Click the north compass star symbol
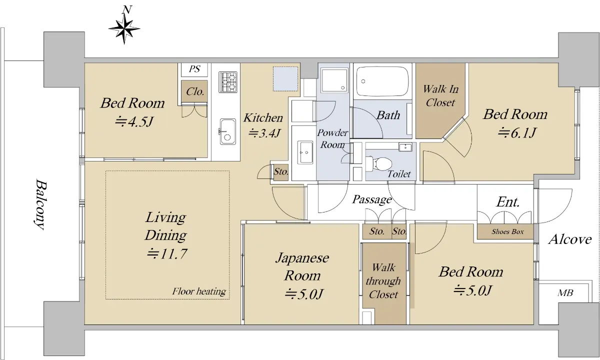pyautogui.click(x=124, y=28)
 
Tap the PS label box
pyautogui.click(x=194, y=69)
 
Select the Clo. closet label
pyautogui.click(x=194, y=91)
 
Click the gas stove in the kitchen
pyautogui.click(x=227, y=82)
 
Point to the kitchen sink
pyautogui.click(x=227, y=131)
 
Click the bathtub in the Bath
pyautogui.click(x=382, y=81)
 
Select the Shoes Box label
pyautogui.click(x=507, y=231)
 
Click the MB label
pyautogui.click(x=565, y=293)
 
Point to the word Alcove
pyautogui.click(x=570, y=239)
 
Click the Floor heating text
pyautogui.click(x=199, y=291)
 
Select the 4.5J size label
pyautogui.click(x=134, y=121)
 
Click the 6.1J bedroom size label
pyautogui.click(x=517, y=132)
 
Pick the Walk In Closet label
pyautogui.click(x=440, y=95)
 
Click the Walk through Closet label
pyautogui.click(x=383, y=280)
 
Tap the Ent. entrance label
pyautogui.click(x=508, y=201)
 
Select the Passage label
pyautogui.click(x=372, y=199)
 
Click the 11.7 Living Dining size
pyautogui.click(x=166, y=253)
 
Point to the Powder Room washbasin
pyautogui.click(x=305, y=152)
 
